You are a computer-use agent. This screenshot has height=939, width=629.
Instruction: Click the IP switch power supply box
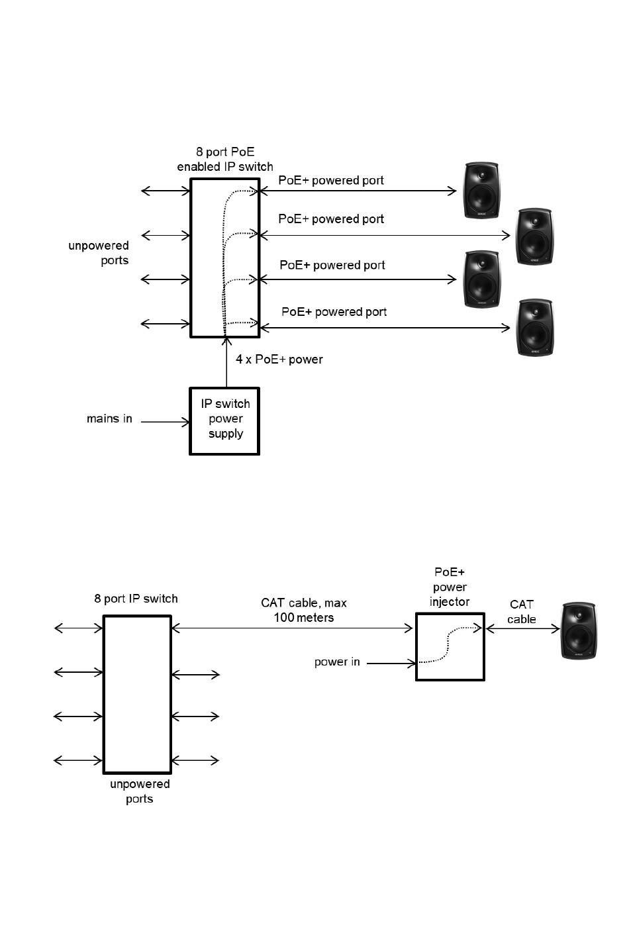[224, 421]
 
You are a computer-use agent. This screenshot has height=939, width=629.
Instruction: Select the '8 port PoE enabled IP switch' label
[225, 160]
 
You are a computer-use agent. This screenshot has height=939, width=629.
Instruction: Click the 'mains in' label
[109, 419]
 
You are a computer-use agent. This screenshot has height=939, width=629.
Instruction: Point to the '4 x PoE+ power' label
[279, 360]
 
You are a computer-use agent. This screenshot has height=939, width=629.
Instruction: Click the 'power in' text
[337, 662]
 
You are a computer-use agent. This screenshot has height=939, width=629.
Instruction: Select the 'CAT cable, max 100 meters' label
[304, 610]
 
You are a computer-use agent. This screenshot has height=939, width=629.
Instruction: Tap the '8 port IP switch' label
[136, 599]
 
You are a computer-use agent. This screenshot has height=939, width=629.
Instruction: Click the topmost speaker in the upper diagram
[481, 191]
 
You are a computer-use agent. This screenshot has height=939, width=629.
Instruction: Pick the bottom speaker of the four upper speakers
[534, 328]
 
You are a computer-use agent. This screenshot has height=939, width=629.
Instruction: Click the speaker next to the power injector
[579, 630]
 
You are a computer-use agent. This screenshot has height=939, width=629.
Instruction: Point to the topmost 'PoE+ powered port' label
[331, 180]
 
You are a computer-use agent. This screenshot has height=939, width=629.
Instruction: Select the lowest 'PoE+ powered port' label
[334, 312]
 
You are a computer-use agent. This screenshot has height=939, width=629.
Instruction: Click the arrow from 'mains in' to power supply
[165, 422]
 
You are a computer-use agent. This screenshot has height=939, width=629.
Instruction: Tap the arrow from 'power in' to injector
[391, 663]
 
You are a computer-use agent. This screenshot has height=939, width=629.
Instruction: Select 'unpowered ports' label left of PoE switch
[99, 253]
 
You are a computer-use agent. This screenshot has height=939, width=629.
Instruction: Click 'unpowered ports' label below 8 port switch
[140, 791]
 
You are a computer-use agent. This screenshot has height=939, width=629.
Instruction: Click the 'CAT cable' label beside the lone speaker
[522, 612]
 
